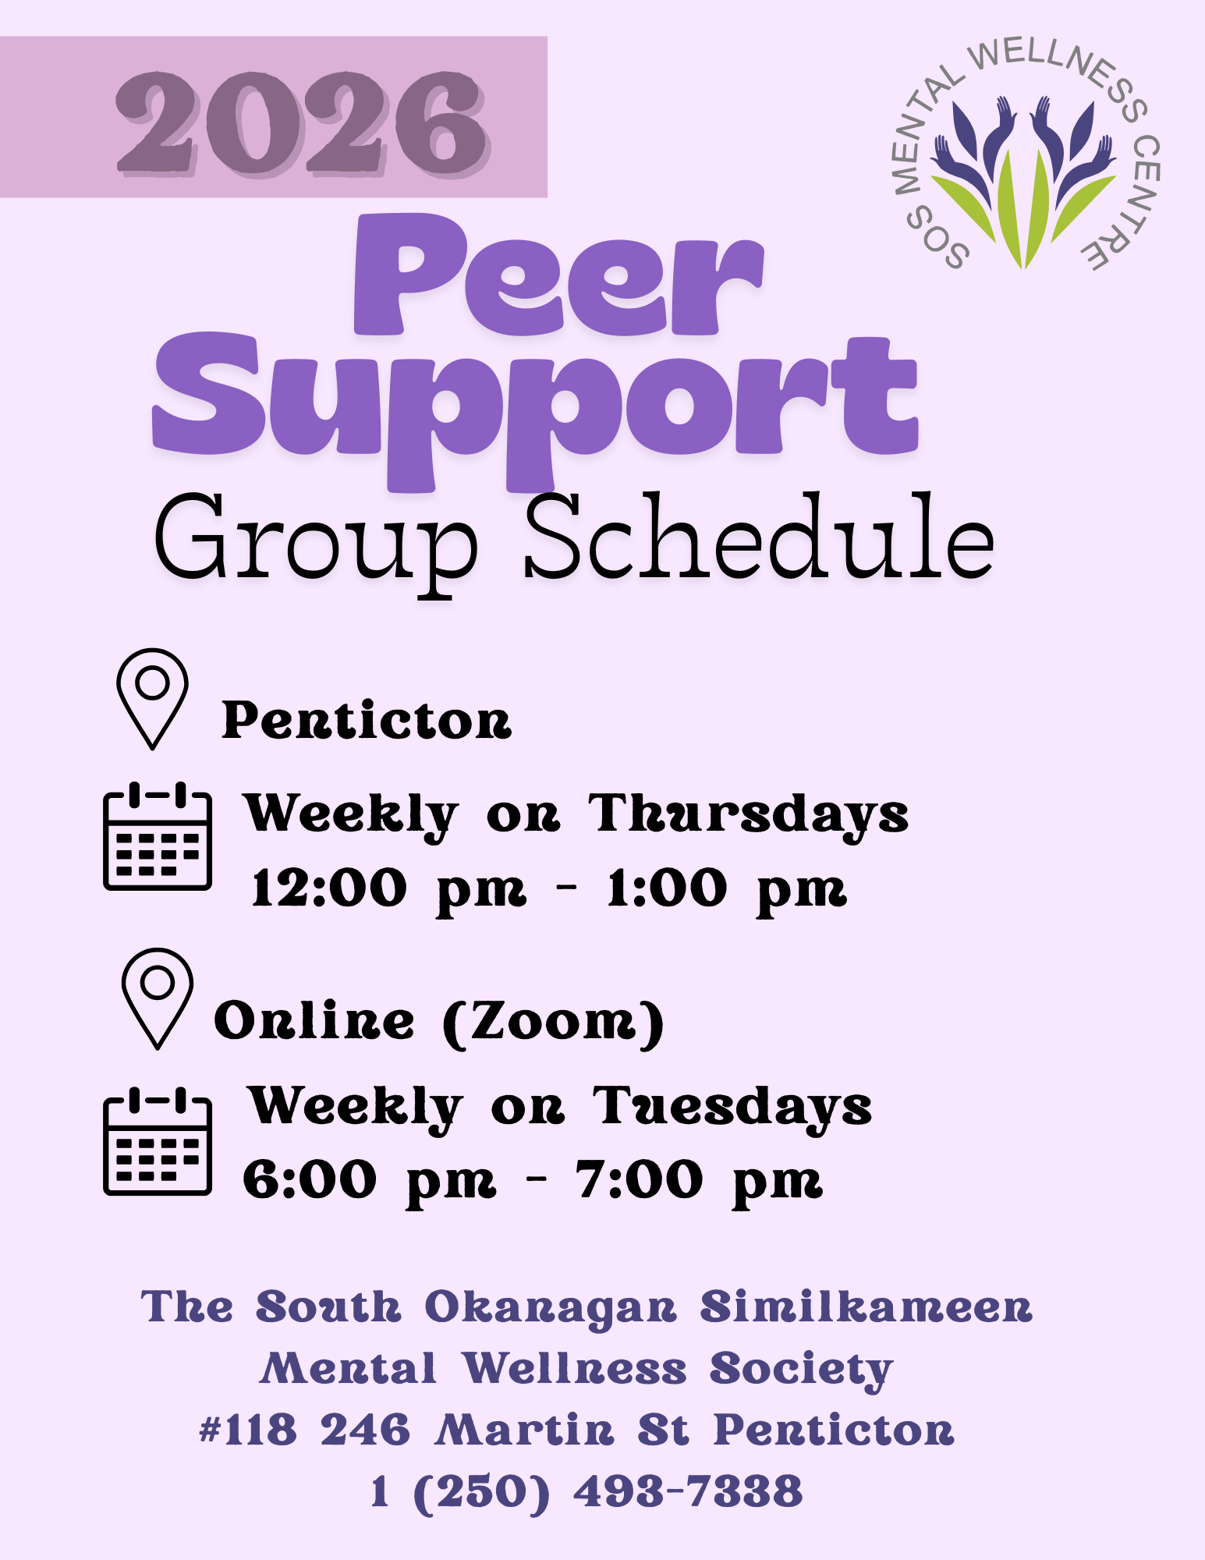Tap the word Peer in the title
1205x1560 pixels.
[558, 275]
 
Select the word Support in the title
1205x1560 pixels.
[535, 412]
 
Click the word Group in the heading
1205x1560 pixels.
[315, 543]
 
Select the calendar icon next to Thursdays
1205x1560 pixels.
[158, 835]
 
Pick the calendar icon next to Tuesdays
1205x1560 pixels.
[158, 1140]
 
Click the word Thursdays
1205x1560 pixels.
[749, 816]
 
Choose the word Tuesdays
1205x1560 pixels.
[732, 1108]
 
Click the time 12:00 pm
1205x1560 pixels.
[389, 890]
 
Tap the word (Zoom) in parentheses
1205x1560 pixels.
[554, 1022]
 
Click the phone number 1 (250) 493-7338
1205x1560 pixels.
[587, 1492]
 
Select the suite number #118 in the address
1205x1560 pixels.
[248, 1431]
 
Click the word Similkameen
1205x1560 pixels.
[866, 1306]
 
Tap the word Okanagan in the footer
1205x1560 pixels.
[551, 1308]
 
